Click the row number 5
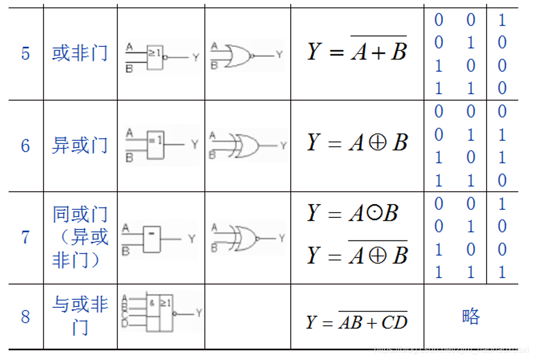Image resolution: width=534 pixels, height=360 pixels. coord(25,54)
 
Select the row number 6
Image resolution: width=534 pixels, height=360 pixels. coord(25,146)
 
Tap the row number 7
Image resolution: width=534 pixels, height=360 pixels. coord(25,237)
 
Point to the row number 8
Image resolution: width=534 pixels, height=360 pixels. coord(25,317)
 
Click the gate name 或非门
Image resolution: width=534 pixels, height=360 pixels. coord(80,54)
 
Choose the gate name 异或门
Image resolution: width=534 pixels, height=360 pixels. coord(80,146)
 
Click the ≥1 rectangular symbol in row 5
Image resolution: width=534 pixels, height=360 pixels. coord(155,56)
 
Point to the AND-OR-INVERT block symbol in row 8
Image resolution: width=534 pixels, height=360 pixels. coord(159,313)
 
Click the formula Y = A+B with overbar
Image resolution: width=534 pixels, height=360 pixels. coord(357,52)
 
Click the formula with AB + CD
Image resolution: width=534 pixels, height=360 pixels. coord(357,322)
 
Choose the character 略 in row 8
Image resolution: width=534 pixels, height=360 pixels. coord(470,317)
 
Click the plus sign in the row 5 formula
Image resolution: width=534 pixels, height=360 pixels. coord(377,54)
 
